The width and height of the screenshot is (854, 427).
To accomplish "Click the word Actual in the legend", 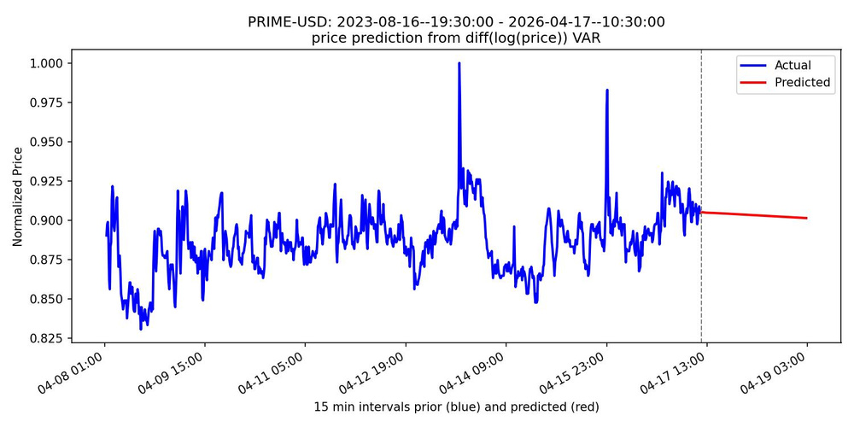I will [x=793, y=65].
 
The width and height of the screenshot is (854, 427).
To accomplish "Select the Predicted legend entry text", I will [x=802, y=83].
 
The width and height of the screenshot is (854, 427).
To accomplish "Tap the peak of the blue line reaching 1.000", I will [x=459, y=63].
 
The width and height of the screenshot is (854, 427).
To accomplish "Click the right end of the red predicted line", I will [x=806, y=218].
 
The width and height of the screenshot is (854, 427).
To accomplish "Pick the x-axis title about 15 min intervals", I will [x=456, y=407].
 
